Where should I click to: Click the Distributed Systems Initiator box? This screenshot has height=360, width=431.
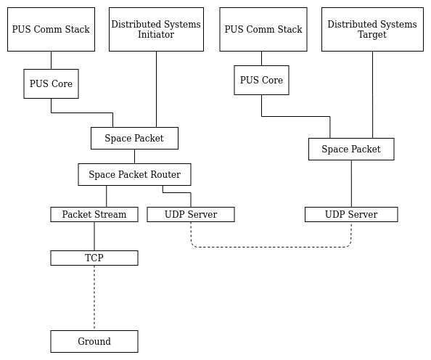pos(156,29)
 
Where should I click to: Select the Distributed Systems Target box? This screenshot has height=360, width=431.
pos(372,29)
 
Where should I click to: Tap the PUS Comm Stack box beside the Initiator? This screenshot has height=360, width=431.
pos(51,29)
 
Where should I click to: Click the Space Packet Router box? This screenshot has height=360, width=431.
pos(134,174)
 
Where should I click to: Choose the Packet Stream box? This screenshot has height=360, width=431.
pos(94,214)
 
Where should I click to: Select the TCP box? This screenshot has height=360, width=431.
pos(94,258)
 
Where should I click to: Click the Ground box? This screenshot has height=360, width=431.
pos(94,341)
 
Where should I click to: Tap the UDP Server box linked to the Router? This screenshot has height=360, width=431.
pos(191,214)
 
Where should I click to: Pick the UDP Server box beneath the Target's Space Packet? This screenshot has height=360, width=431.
pos(351,214)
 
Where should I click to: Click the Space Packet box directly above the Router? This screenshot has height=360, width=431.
pos(134,138)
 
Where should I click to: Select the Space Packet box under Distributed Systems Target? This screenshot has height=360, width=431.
pos(351,149)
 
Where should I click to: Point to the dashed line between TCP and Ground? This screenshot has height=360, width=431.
pos(94,298)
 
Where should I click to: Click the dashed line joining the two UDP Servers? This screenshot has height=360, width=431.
pos(271,247)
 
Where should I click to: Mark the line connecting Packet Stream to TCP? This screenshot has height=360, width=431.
pos(94,236)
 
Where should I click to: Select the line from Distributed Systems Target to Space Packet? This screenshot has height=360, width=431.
pos(373,94)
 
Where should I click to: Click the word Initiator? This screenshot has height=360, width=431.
pos(156,35)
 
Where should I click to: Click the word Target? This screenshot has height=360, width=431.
pos(372,35)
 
